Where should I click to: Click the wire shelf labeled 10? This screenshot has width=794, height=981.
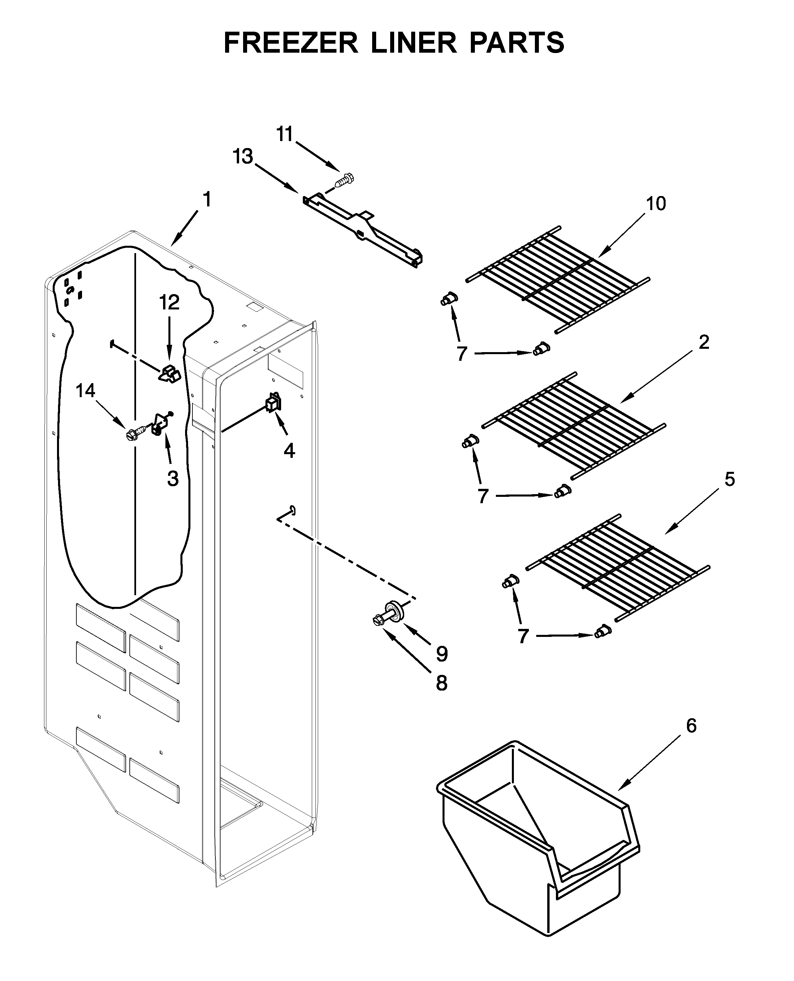click(558, 279)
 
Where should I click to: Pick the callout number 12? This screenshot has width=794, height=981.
click(169, 302)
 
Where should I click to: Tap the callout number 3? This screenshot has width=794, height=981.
click(172, 479)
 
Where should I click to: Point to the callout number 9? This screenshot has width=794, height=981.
click(442, 654)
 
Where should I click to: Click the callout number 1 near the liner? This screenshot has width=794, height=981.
click(207, 200)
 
